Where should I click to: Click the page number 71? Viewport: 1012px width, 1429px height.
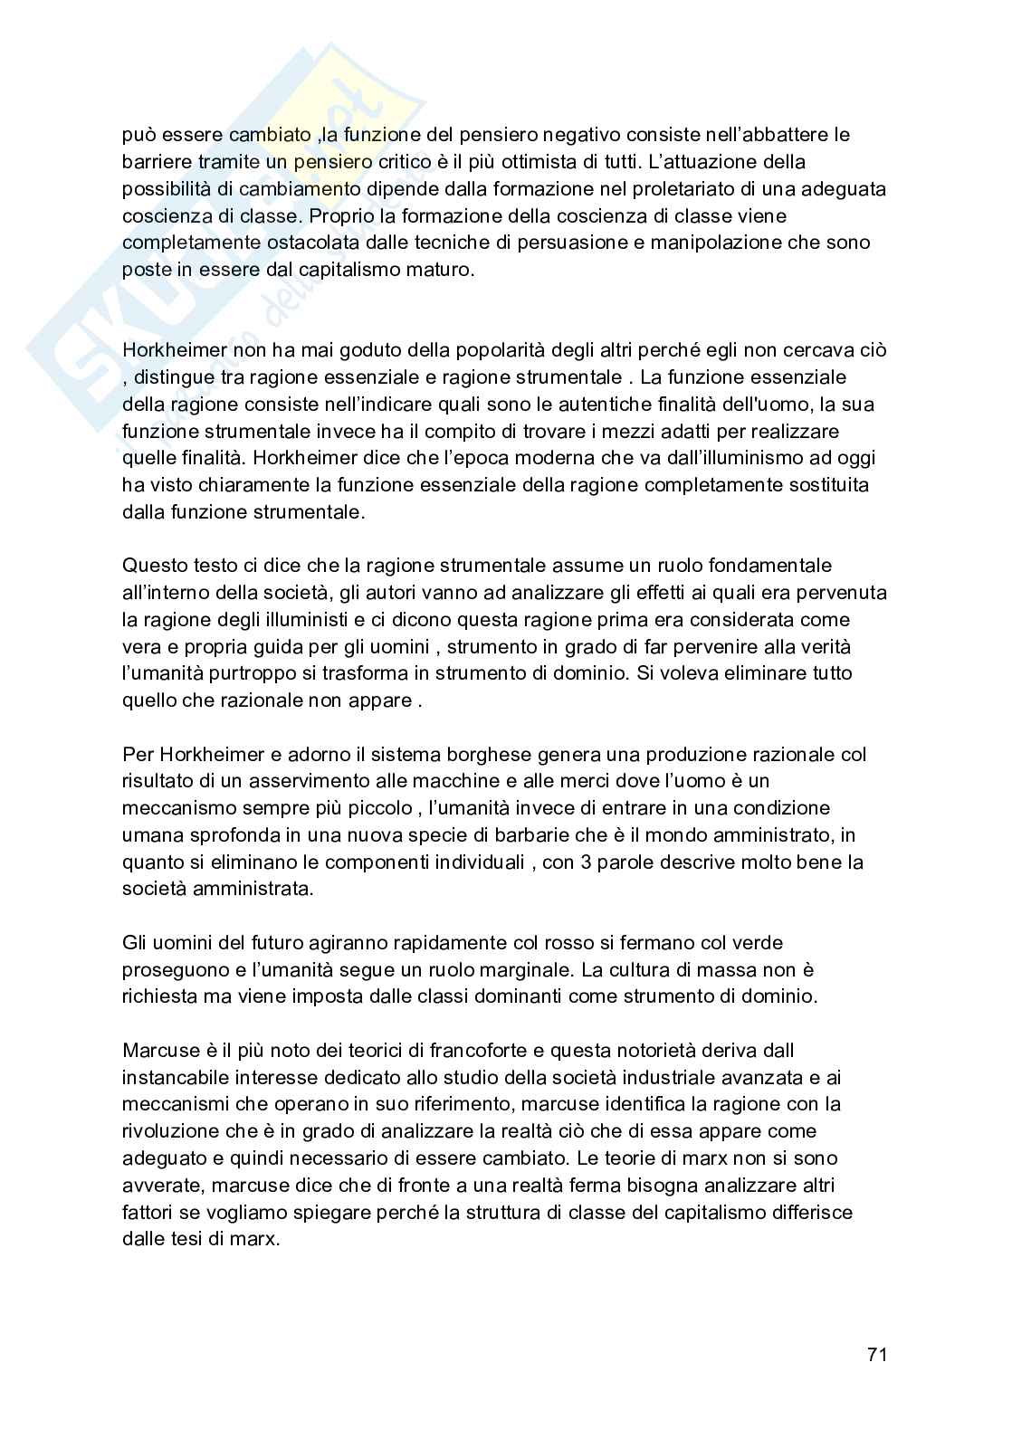(x=876, y=1354)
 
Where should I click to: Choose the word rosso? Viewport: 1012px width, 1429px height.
(x=571, y=943)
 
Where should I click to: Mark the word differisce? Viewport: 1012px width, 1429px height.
(x=811, y=1212)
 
